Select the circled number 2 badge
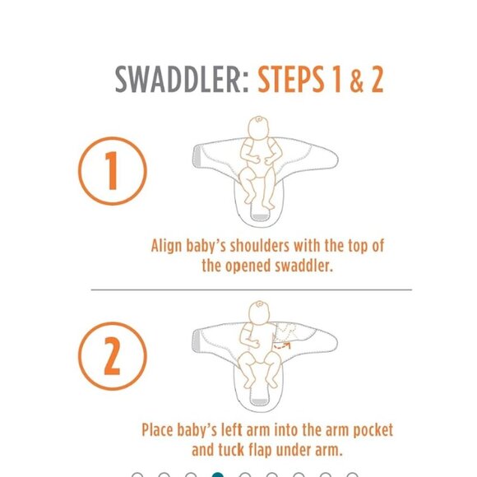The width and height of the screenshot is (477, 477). [x=113, y=356]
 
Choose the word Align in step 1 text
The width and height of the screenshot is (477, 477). [x=169, y=246]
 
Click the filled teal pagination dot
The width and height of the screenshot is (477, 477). [x=217, y=475]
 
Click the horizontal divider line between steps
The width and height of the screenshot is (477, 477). [x=251, y=289]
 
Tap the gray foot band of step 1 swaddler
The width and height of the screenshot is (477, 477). [x=259, y=216]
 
